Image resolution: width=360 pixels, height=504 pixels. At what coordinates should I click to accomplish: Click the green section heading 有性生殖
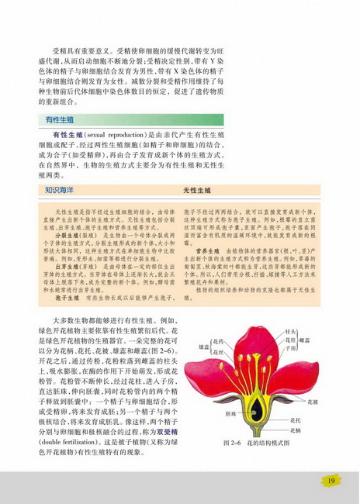point(60,121)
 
